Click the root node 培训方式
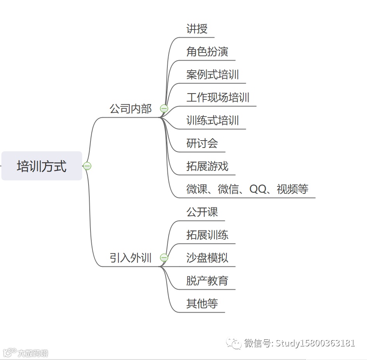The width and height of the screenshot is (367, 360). tap(42, 166)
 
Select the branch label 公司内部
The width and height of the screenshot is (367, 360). tap(130, 109)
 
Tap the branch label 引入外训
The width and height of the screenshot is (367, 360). tap(130, 258)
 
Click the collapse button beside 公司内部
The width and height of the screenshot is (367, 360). tap(164, 109)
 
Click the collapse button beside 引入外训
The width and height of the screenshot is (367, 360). tap(164, 257)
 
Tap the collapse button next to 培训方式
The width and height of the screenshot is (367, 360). tap(87, 166)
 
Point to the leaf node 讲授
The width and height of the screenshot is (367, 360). tap(197, 29)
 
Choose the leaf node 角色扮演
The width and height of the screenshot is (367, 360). tap(207, 52)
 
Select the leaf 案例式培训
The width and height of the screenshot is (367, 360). tap(212, 75)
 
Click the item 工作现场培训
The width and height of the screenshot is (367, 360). tap(217, 97)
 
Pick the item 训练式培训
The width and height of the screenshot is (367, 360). tap(212, 120)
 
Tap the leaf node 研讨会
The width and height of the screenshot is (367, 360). tap(202, 143)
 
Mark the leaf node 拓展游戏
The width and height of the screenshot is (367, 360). tap(207, 167)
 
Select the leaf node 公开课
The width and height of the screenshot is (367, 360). tap(202, 212)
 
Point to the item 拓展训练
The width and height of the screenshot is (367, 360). tap(207, 235)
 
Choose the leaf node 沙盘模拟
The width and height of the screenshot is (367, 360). tap(207, 258)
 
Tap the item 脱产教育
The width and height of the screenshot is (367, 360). tap(207, 281)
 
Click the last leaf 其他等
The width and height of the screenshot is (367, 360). tap(202, 304)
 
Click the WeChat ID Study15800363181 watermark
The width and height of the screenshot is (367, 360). tap(315, 343)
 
